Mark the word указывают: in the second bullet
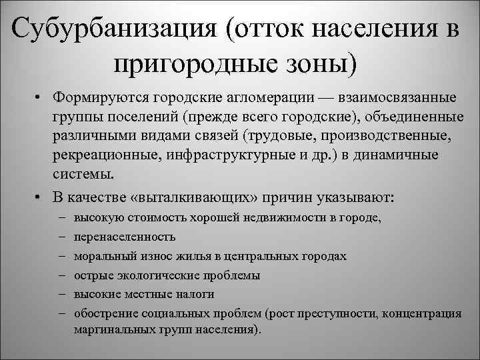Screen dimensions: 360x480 tap(355, 199)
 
